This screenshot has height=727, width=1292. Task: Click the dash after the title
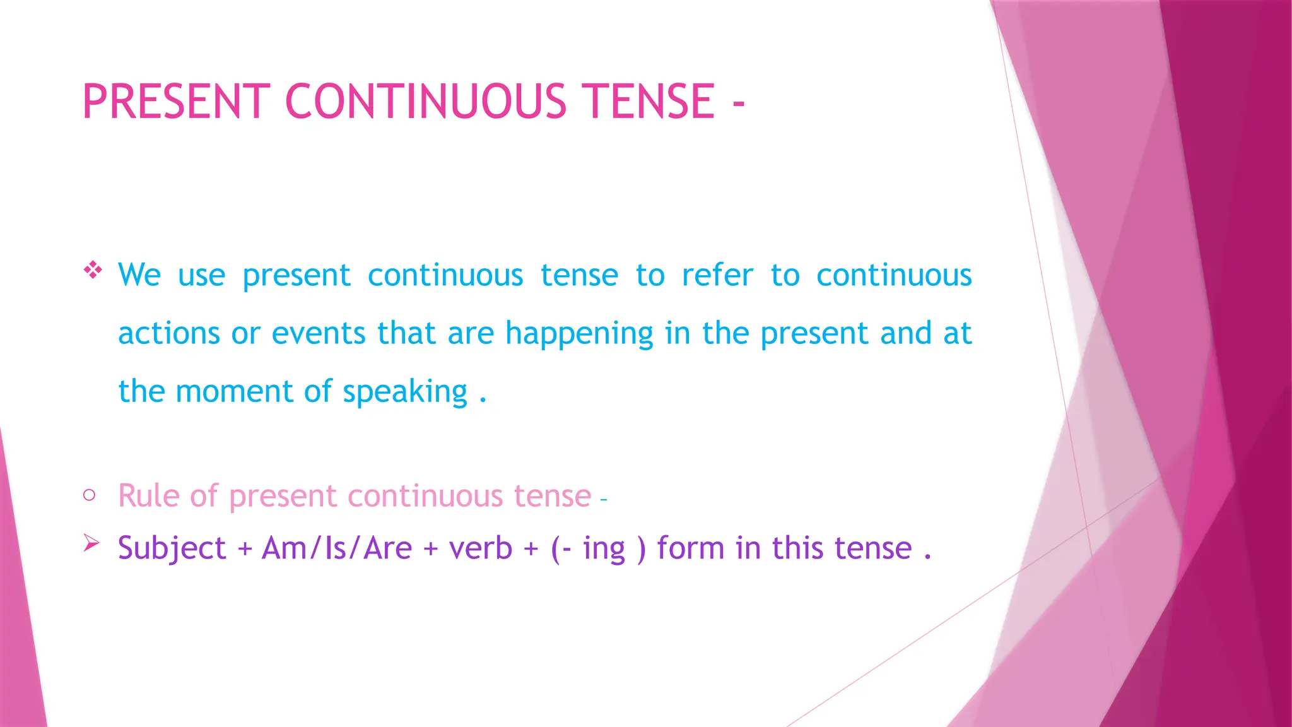(739, 103)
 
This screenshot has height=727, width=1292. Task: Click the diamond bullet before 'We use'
(93, 270)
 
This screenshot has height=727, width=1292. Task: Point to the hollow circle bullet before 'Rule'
(89, 495)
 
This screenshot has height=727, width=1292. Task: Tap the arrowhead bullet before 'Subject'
(91, 543)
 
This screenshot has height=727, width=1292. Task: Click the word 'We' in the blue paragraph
(139, 275)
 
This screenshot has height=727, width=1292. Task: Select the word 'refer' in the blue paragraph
(717, 275)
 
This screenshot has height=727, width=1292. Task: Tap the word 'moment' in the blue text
(234, 392)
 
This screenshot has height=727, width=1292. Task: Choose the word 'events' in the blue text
(319, 334)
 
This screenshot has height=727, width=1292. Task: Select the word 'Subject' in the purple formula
(172, 548)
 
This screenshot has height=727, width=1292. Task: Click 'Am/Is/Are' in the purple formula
(337, 548)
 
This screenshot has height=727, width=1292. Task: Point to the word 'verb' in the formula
(480, 548)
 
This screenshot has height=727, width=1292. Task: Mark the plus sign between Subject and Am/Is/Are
(245, 550)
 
